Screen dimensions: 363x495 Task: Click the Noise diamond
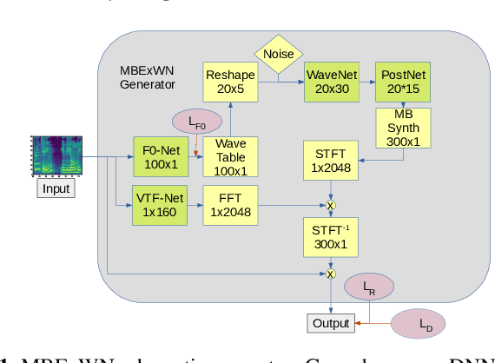pyautogui.click(x=278, y=54)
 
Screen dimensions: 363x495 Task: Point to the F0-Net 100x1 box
pyautogui.click(x=161, y=157)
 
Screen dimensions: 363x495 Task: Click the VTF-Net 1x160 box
pyautogui.click(x=161, y=206)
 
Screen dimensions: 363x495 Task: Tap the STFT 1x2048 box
pyautogui.click(x=330, y=161)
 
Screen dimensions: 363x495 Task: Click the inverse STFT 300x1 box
pyautogui.click(x=330, y=237)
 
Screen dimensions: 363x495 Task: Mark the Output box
pyautogui.click(x=331, y=323)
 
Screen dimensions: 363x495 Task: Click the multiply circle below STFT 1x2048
pyautogui.click(x=330, y=205)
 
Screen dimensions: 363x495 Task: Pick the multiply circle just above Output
pyautogui.click(x=330, y=274)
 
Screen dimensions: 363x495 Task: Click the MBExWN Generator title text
pyautogui.click(x=148, y=77)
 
